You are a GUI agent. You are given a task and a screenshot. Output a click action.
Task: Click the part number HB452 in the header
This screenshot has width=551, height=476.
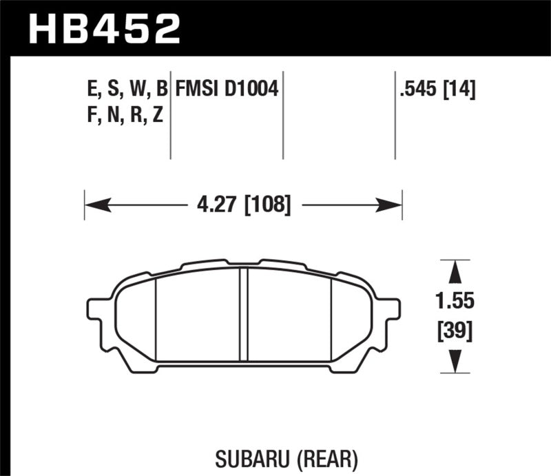[103, 29]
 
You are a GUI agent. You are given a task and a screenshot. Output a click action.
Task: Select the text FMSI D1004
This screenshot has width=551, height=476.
[227, 88]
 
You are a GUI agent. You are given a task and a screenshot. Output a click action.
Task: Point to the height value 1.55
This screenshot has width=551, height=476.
[455, 302]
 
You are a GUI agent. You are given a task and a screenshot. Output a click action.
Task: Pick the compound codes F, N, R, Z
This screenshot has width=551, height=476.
[123, 115]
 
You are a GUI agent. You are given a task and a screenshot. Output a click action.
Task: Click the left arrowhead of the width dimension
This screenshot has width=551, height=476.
[94, 204]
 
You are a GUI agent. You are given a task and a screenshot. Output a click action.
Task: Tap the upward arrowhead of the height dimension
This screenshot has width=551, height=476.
[455, 271]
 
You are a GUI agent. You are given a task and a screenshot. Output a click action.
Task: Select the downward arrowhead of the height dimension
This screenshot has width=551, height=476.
[455, 362]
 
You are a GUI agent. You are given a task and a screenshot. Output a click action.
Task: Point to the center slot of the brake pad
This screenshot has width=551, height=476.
[243, 313]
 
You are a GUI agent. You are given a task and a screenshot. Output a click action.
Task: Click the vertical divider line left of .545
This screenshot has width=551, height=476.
[395, 114]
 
